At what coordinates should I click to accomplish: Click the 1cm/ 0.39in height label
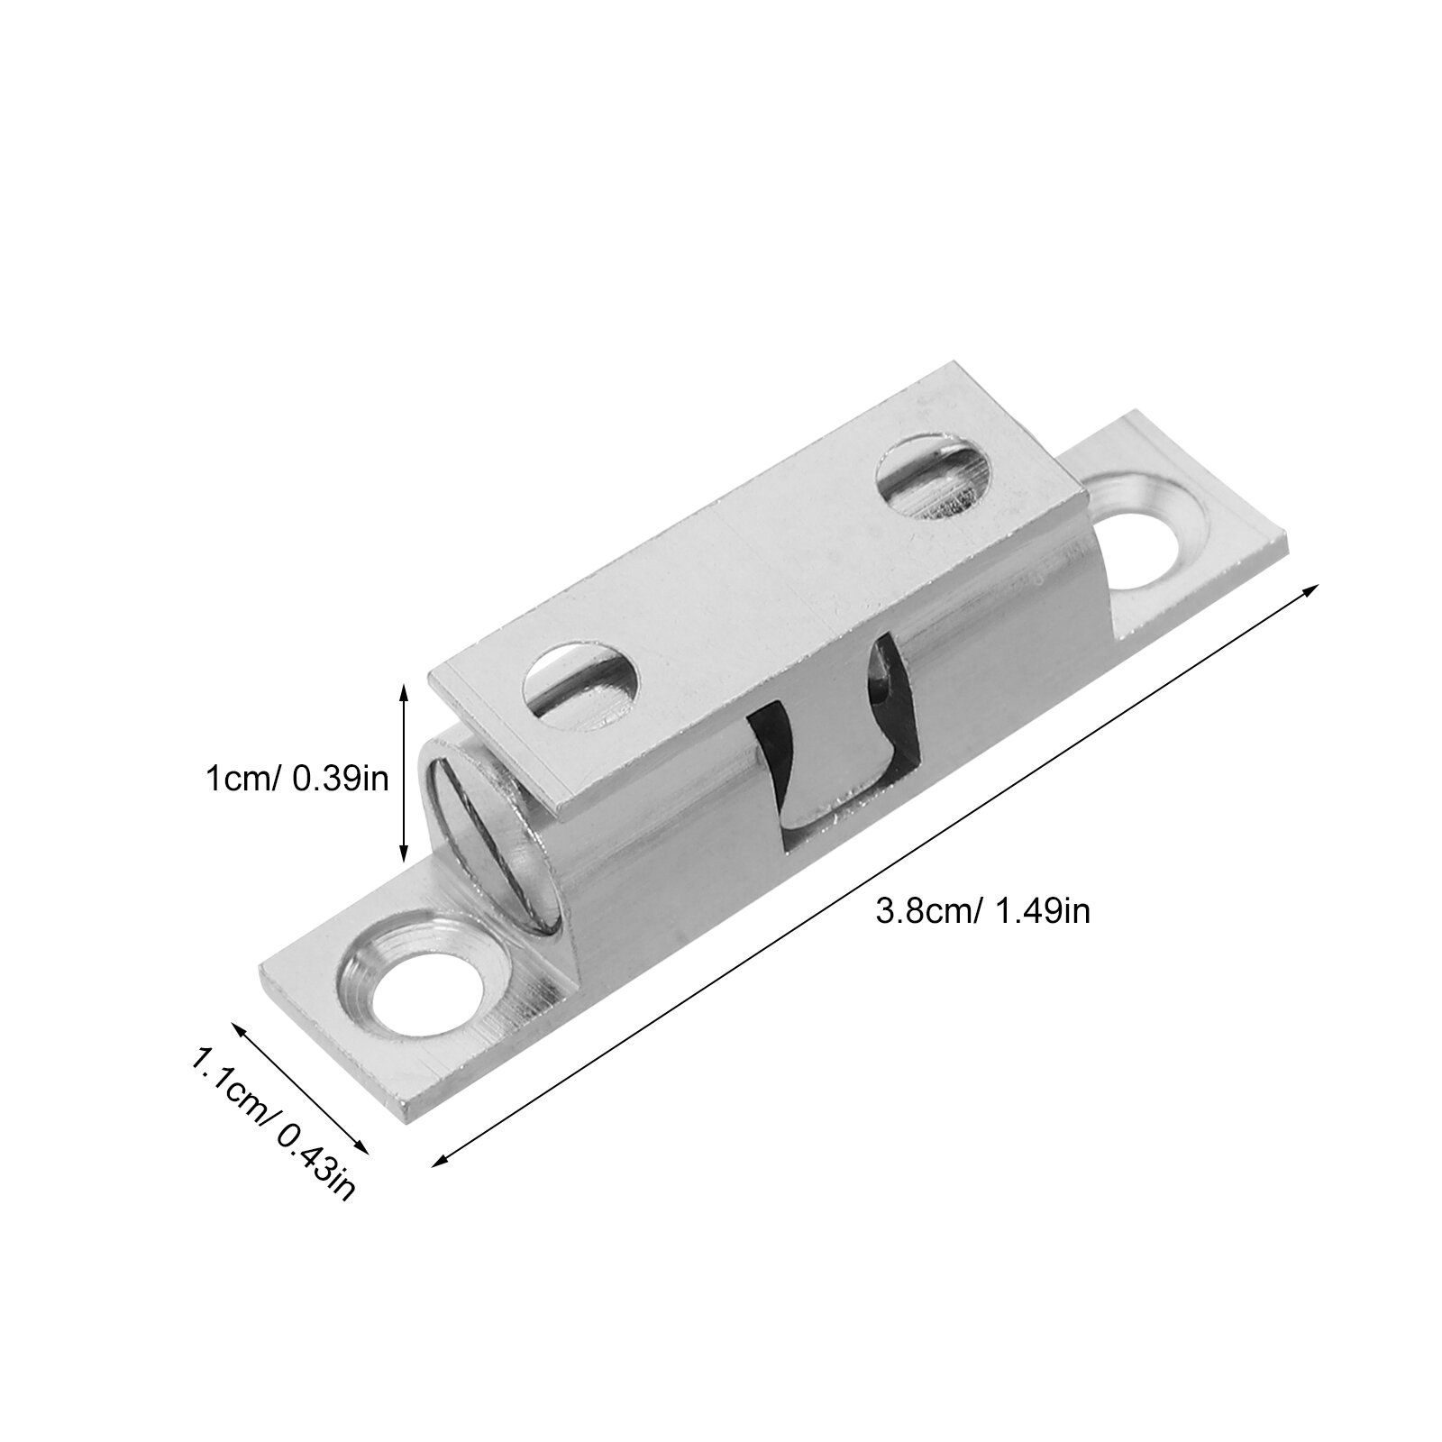[298, 777]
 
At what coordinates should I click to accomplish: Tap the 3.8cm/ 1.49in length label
[983, 911]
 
